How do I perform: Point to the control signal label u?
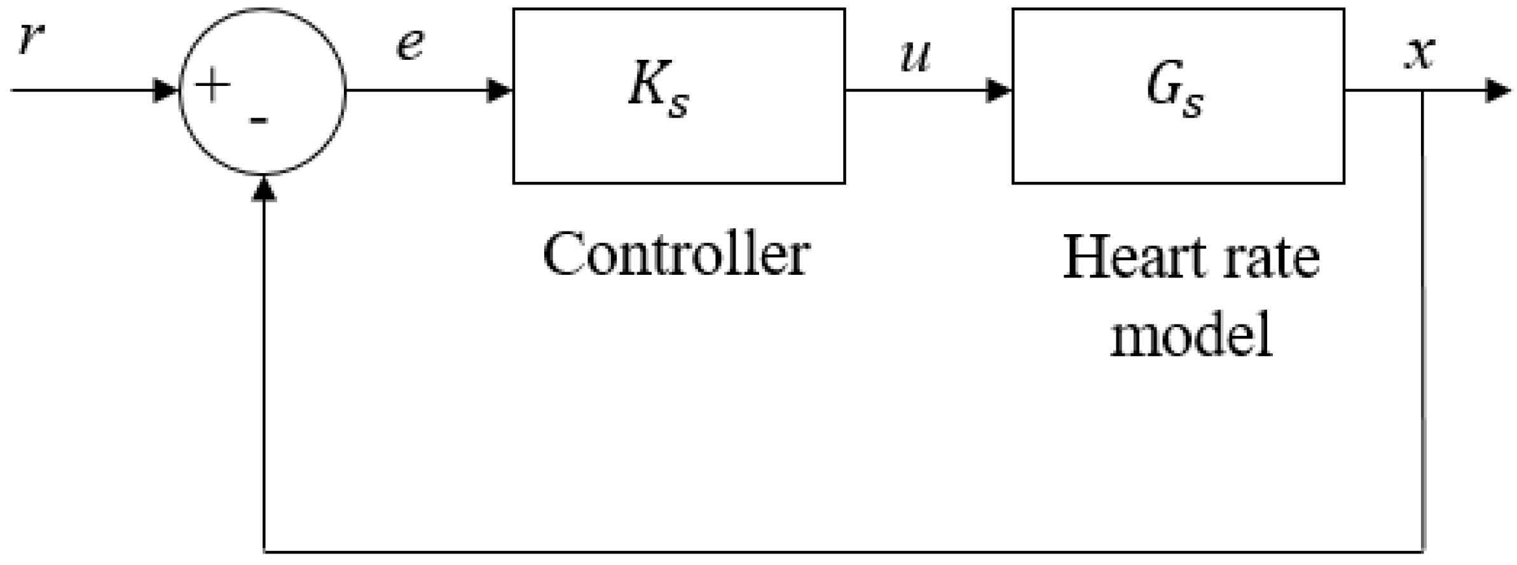pyautogui.click(x=916, y=56)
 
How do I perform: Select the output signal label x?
pyautogui.click(x=1418, y=54)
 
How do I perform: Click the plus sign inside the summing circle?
pyautogui.click(x=212, y=86)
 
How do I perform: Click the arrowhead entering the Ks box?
pyautogui.click(x=500, y=90)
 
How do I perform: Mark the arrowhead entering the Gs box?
pyautogui.click(x=999, y=90)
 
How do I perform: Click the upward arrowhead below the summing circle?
pyautogui.click(x=263, y=188)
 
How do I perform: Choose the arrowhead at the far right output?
pyautogui.click(x=1498, y=90)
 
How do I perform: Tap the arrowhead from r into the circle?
pyautogui.click(x=167, y=90)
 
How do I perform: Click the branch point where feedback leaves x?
pyautogui.click(x=1422, y=90)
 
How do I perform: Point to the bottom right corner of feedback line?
pyautogui.click(x=1422, y=550)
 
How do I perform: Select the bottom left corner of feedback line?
pyautogui.click(x=263, y=550)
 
